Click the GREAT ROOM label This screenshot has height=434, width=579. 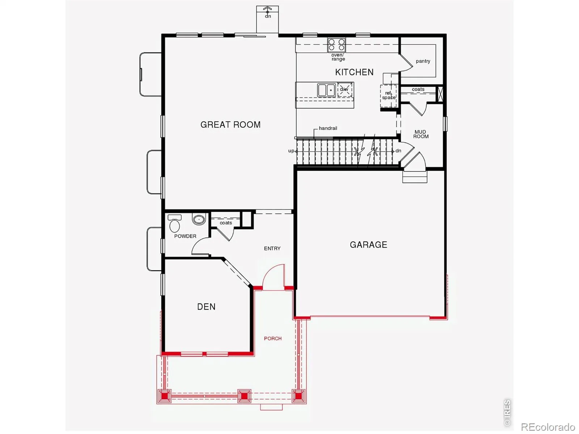230,125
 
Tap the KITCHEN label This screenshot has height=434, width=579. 354,72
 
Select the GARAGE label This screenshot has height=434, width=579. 368,245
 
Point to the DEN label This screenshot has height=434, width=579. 206,307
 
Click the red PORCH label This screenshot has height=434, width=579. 273,339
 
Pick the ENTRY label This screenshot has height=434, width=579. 272,248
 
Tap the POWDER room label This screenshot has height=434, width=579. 185,237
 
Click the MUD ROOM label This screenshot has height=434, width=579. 421,134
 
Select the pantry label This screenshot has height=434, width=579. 423,61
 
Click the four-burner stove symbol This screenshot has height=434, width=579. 336,45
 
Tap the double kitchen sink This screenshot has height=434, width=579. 326,90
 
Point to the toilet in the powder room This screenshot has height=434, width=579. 175,224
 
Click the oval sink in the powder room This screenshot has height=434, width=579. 199,220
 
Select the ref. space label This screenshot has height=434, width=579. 389,95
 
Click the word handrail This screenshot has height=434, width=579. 328,128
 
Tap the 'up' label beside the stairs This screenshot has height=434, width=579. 291,151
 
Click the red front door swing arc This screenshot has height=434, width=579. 270,272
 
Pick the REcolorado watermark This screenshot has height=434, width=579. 548,427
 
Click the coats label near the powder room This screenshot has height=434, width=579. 226,223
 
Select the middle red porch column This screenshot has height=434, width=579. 244,396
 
